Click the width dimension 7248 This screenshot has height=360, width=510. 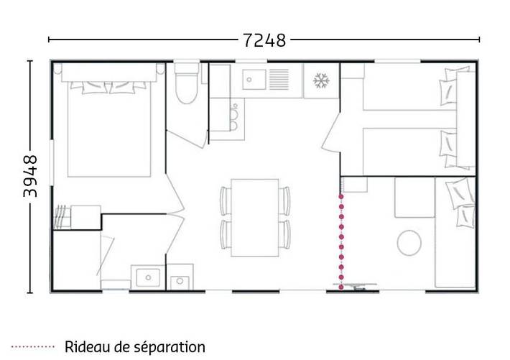[264, 40]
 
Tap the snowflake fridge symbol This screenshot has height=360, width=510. [320, 80]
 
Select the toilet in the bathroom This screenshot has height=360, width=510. [187, 85]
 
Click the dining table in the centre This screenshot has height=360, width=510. [254, 217]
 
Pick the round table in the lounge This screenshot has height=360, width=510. [410, 241]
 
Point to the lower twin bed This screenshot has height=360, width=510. [409, 152]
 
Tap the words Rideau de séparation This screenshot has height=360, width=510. [134, 347]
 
